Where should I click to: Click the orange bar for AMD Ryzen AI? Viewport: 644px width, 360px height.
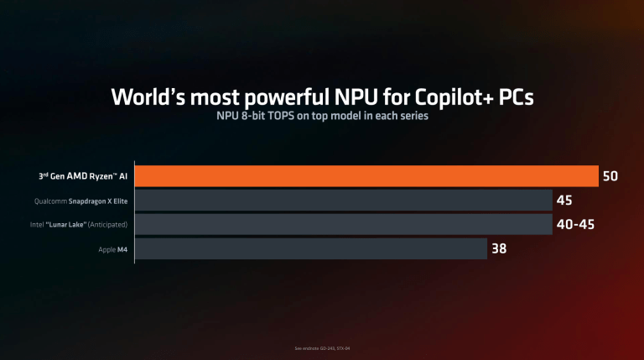click(366, 176)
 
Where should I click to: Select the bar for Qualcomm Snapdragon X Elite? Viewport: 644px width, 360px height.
click(342, 201)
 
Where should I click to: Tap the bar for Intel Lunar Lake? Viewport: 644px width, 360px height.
click(342, 225)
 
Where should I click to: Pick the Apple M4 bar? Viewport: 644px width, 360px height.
click(311, 249)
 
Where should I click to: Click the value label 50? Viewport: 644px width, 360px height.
click(610, 176)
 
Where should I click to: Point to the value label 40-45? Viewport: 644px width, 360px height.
click(578, 225)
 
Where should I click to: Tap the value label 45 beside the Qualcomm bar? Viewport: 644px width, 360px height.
click(564, 201)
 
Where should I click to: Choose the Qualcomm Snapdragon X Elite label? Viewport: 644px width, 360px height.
click(81, 201)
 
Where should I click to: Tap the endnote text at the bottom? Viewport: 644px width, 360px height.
click(322, 347)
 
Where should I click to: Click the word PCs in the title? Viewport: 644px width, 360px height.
click(516, 97)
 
